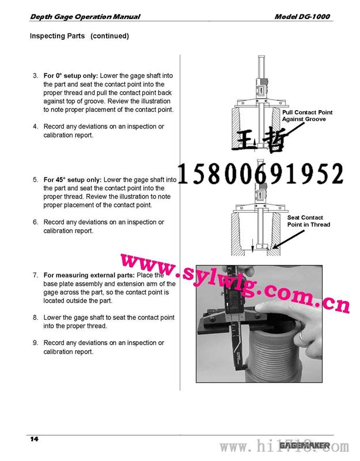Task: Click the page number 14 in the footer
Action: pyautogui.click(x=34, y=439)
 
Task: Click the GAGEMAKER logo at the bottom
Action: pyautogui.click(x=305, y=445)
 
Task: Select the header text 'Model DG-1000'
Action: pyautogui.click(x=302, y=17)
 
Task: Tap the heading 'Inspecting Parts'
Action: pyautogui.click(x=57, y=36)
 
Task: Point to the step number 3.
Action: pyautogui.click(x=35, y=76)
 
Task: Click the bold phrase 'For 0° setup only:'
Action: pyautogui.click(x=71, y=75)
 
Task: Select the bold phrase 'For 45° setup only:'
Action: pyautogui.click(x=73, y=180)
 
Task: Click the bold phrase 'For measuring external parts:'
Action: pyautogui.click(x=89, y=275)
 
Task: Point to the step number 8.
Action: pyautogui.click(x=35, y=318)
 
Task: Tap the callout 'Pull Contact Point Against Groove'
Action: pyautogui.click(x=307, y=116)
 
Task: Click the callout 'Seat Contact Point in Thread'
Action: pyautogui.click(x=308, y=221)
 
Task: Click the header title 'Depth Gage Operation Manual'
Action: pyautogui.click(x=85, y=17)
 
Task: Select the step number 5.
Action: pyautogui.click(x=35, y=180)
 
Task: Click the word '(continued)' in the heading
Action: pyautogui.click(x=109, y=36)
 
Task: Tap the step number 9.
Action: pyautogui.click(x=35, y=343)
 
